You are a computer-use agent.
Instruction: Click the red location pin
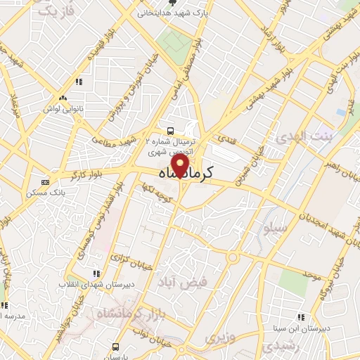click(181, 167)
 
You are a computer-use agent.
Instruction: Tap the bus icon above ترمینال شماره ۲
click(171, 130)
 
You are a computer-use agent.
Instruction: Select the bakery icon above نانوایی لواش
click(64, 98)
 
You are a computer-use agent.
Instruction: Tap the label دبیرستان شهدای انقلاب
click(95, 285)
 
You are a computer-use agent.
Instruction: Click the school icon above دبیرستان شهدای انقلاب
click(96, 274)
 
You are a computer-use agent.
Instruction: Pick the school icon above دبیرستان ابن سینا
click(302, 317)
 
